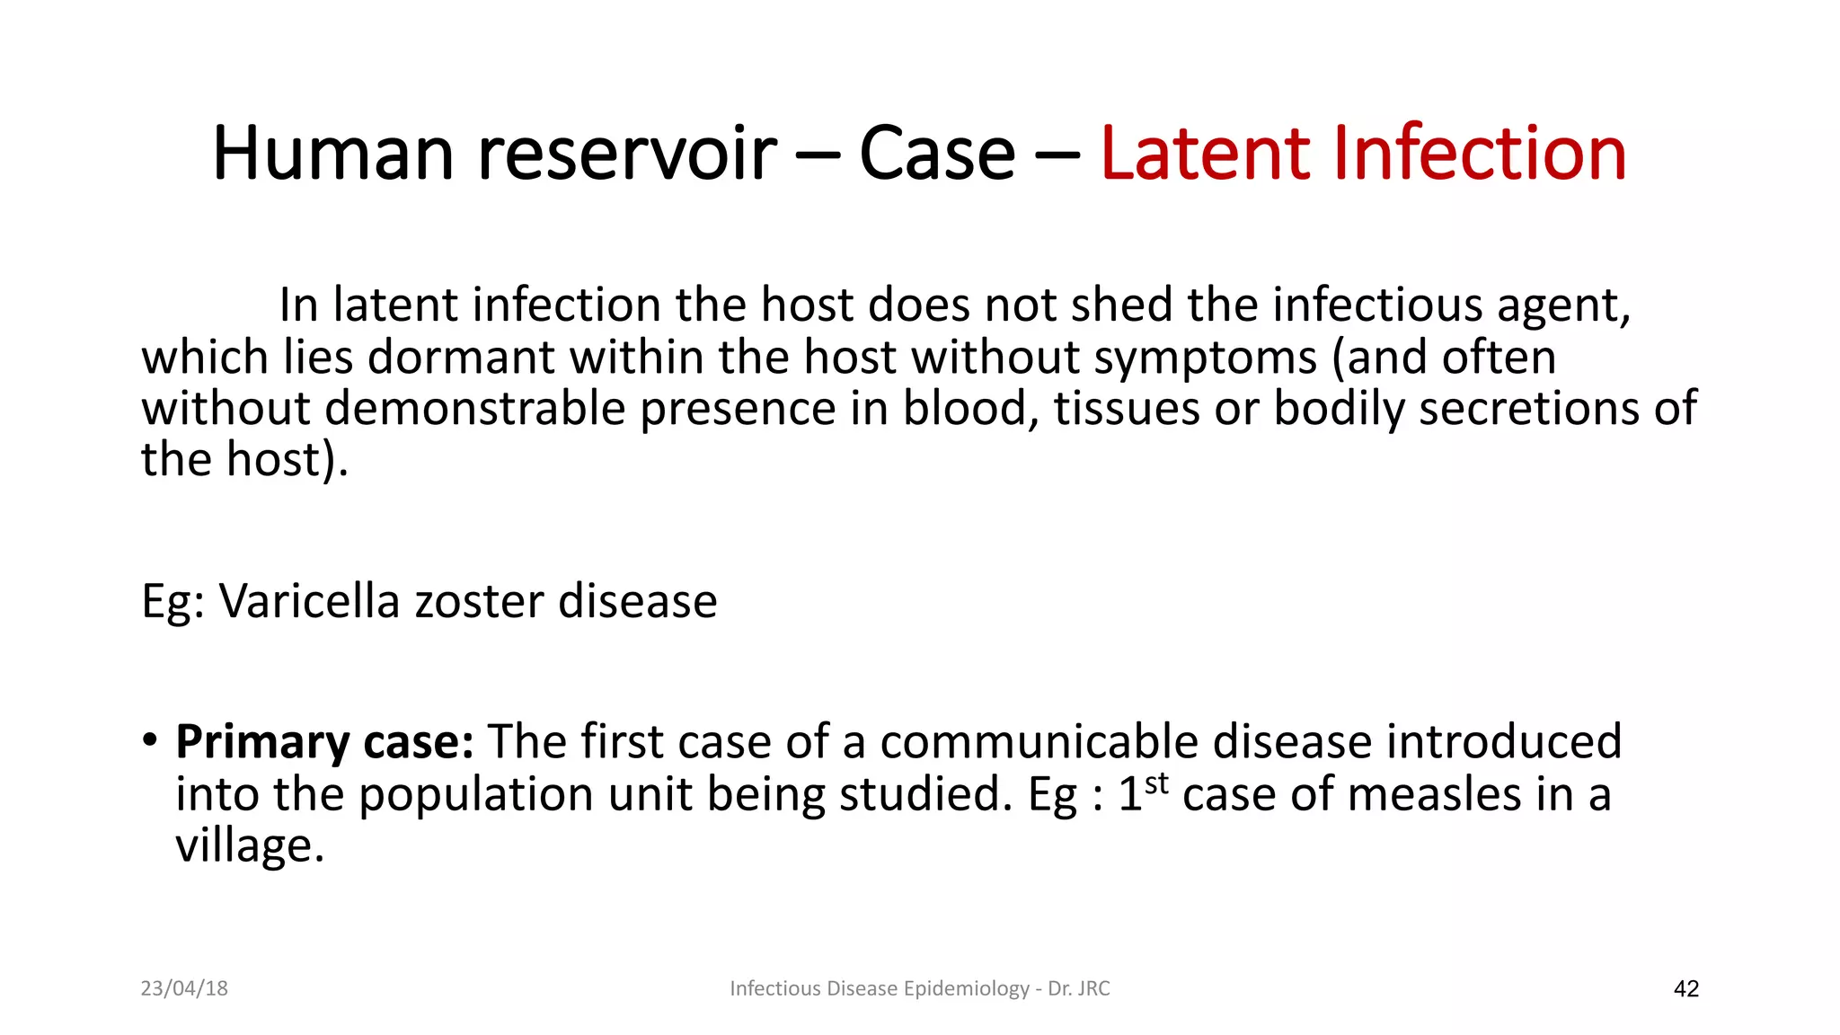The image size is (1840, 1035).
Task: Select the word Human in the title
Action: point(333,154)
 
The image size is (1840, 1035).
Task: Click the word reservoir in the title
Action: point(627,154)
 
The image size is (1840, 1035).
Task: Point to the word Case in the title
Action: point(936,154)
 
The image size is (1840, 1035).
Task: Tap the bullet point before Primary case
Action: point(149,741)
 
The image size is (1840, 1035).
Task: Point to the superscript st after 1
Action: point(1157,783)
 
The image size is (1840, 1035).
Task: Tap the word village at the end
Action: point(249,845)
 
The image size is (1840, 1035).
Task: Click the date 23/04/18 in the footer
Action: point(184,988)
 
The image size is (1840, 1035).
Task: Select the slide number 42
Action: point(1686,989)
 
